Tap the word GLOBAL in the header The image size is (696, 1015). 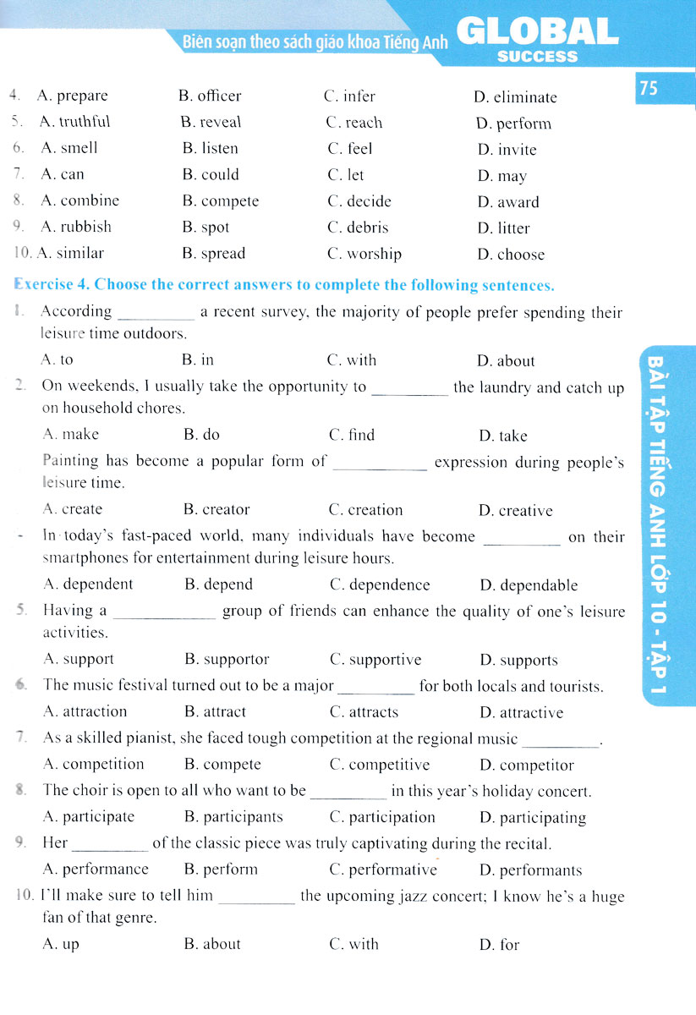tap(538, 32)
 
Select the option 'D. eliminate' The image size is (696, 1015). tap(515, 97)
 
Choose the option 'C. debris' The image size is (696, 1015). tap(358, 228)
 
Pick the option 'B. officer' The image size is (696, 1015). tap(210, 96)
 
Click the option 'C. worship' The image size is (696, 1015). tap(364, 254)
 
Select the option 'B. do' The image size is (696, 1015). tap(201, 435)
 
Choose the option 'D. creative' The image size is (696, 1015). tap(515, 511)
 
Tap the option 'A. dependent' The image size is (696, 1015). tap(88, 584)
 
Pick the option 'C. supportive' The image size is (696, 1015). tap(375, 660)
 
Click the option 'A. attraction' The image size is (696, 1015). tap(85, 711)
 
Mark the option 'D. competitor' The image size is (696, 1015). tap(526, 765)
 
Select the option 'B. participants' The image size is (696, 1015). tap(233, 817)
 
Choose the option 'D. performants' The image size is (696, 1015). tap(530, 870)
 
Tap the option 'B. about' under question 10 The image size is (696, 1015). tap(212, 944)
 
